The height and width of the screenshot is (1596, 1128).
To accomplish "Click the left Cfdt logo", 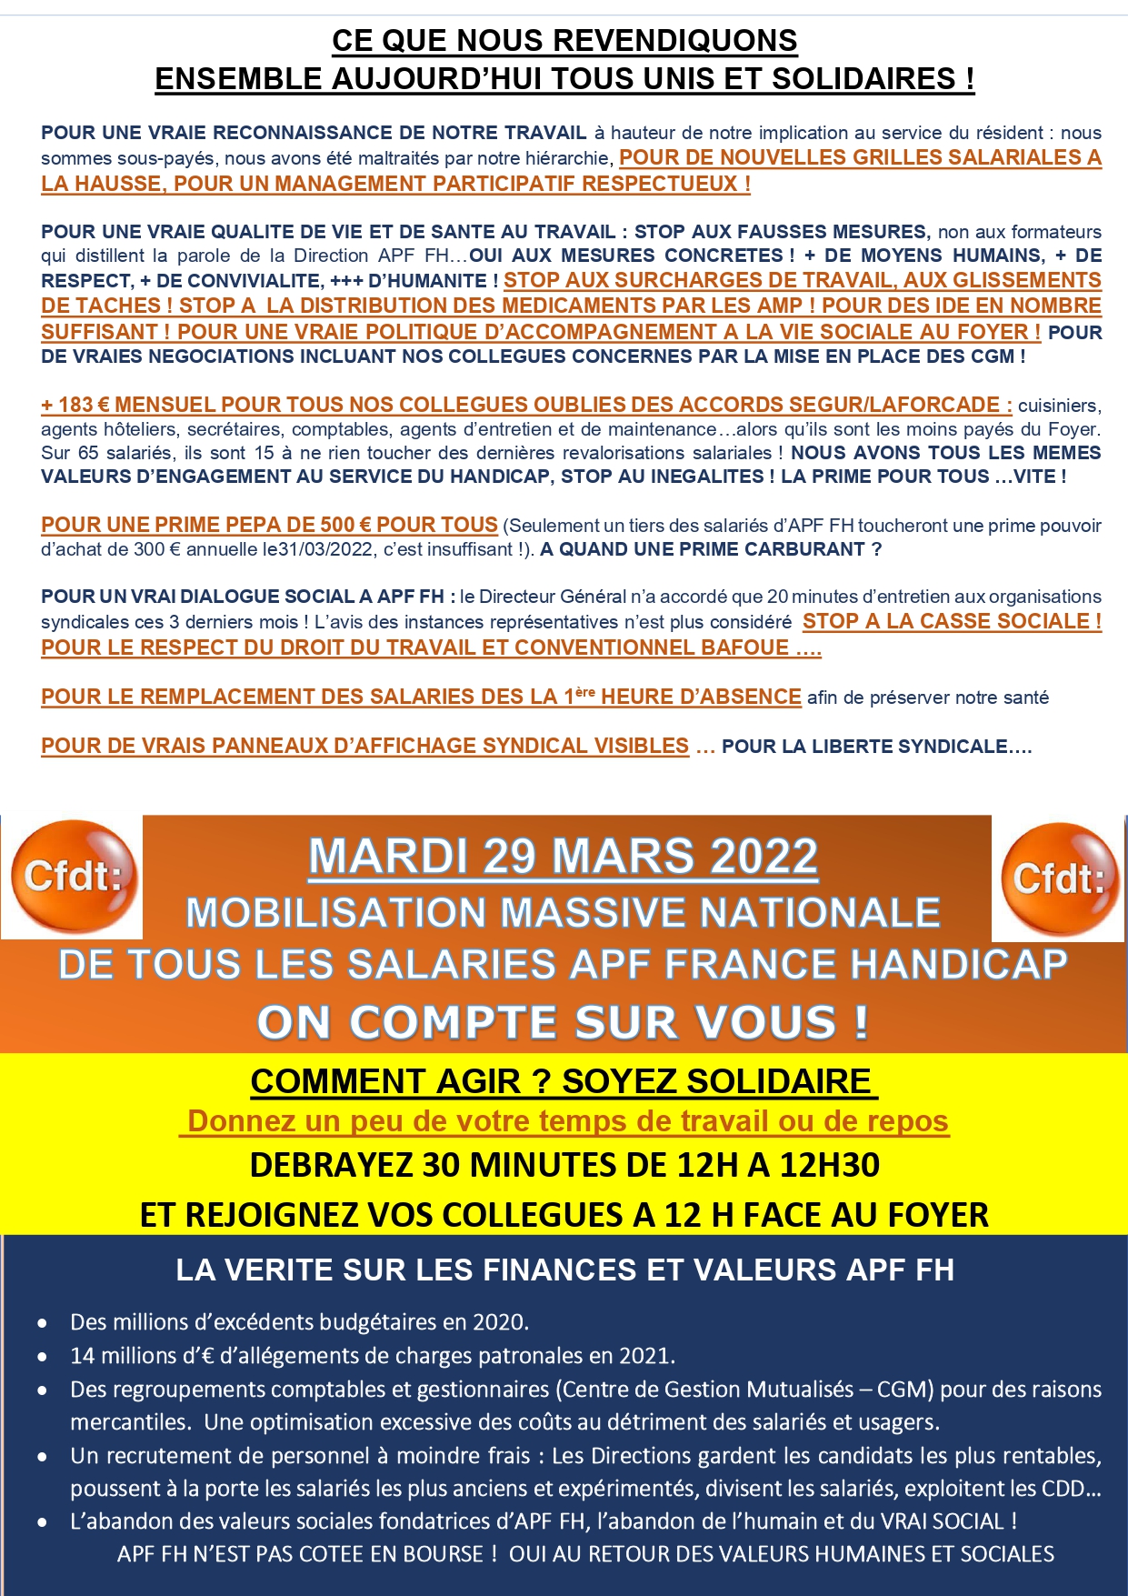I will tap(74, 877).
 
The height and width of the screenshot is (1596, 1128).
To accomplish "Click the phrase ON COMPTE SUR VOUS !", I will tap(564, 1022).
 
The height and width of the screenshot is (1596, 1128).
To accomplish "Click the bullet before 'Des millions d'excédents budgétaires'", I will tap(43, 1323).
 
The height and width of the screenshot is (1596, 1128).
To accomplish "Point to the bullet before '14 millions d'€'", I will tap(43, 1357).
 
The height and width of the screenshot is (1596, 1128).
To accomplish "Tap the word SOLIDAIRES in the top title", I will tap(863, 79).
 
